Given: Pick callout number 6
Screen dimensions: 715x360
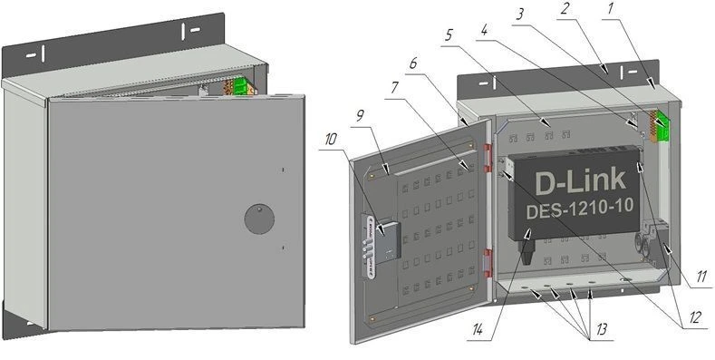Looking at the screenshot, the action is point(412,63).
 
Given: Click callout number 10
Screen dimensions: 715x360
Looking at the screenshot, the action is point(331,140).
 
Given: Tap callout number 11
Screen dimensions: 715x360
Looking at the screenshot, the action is point(701,277).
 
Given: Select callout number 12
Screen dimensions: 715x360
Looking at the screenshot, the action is point(694,317).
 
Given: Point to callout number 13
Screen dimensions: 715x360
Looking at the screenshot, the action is point(602,329).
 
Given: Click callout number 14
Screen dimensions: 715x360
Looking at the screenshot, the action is point(478,330).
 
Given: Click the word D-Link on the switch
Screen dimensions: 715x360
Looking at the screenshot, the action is point(580,180).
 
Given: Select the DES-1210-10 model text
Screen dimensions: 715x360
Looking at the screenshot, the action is point(580,208).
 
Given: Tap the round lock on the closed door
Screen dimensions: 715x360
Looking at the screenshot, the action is point(259,219).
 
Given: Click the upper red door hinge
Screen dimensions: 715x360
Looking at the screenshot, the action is point(487,158).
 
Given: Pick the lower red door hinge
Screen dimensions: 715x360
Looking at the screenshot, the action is point(488,263).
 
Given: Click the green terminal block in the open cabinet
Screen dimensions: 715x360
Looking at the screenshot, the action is point(662,126).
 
